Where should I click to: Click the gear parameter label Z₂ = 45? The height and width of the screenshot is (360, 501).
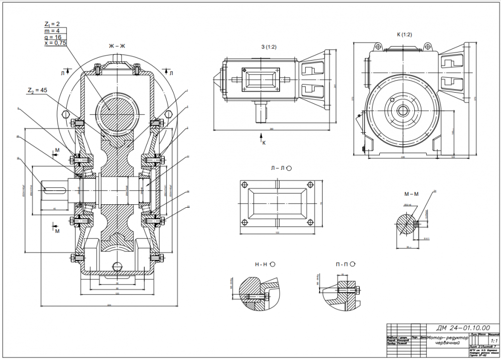point(38,90)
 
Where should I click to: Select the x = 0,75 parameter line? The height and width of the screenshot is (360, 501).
point(55,44)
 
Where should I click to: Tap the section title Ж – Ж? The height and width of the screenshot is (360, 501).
point(117,46)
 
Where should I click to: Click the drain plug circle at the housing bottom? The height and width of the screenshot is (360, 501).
point(117,266)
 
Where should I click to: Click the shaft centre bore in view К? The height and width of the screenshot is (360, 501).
point(403,111)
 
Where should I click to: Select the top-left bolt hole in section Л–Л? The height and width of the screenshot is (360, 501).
point(245,184)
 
